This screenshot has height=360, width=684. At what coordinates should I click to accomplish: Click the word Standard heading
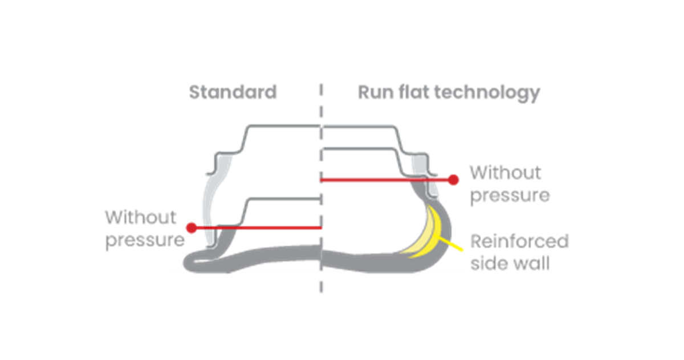[x=233, y=92]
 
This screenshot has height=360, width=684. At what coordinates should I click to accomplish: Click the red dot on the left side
[x=192, y=228]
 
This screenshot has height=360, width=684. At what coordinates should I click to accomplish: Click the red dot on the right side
[x=453, y=180]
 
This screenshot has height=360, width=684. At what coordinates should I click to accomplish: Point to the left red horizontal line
[x=256, y=228]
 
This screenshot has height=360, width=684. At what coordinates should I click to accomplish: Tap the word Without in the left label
[x=133, y=218]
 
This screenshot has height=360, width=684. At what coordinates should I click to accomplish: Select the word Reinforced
[x=519, y=241]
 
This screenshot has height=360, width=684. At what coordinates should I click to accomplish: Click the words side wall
[x=509, y=264]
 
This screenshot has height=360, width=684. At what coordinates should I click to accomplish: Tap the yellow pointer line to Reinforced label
[x=454, y=246]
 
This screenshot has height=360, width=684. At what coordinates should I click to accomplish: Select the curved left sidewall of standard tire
[x=206, y=205]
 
